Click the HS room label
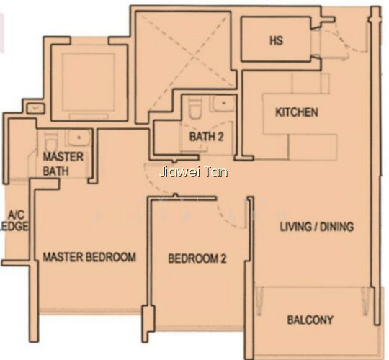coord(276,40)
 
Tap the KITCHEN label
coord(297,112)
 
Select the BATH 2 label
coord(207,137)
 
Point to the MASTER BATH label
coord(63,164)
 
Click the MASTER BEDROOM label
coord(89,257)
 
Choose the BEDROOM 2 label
coord(197,258)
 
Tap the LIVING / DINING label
coord(317,227)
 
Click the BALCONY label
coord(310,320)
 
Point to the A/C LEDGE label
coord(14,220)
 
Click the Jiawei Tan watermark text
coord(194,172)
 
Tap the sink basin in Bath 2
coord(223,103)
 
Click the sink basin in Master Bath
coord(78,137)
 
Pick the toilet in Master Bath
coord(51,141)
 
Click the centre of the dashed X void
coord(193,58)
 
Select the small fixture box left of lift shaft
coord(36,109)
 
